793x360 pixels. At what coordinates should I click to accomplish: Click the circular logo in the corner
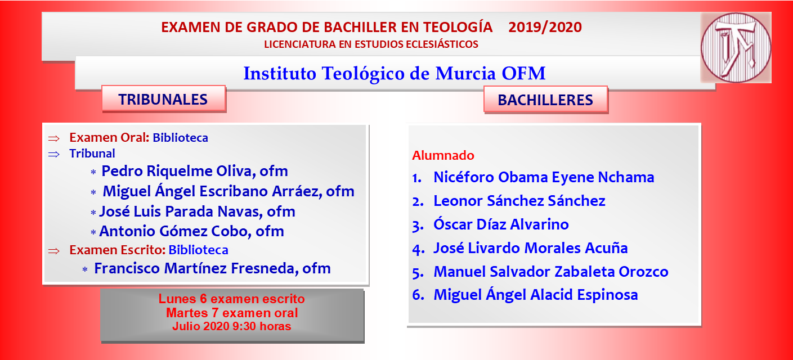pyautogui.click(x=736, y=47)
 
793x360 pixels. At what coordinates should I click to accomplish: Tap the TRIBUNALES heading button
pyautogui.click(x=164, y=99)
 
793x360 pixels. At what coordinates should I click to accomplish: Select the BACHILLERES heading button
pyautogui.click(x=545, y=100)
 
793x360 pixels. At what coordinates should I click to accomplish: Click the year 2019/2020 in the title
pyautogui.click(x=545, y=27)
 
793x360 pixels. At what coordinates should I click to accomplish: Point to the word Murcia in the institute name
pyautogui.click(x=465, y=73)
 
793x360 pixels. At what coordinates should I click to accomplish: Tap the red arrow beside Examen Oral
pyautogui.click(x=54, y=138)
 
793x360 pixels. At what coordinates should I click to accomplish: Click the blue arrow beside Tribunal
pyautogui.click(x=54, y=154)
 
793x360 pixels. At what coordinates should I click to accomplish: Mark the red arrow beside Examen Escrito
pyautogui.click(x=54, y=251)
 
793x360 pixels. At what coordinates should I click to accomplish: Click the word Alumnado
pyautogui.click(x=443, y=155)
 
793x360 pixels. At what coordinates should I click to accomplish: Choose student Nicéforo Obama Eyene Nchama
pyautogui.click(x=544, y=177)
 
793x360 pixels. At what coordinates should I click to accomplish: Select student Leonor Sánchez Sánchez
pyautogui.click(x=519, y=201)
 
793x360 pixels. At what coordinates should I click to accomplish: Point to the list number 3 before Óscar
pyautogui.click(x=418, y=226)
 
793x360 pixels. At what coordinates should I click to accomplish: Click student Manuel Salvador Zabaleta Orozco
pyautogui.click(x=551, y=272)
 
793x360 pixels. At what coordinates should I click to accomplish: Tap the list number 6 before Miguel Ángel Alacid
pyautogui.click(x=418, y=295)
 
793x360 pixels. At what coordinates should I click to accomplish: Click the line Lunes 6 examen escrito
pyautogui.click(x=231, y=299)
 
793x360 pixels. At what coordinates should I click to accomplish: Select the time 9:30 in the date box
pyautogui.click(x=244, y=326)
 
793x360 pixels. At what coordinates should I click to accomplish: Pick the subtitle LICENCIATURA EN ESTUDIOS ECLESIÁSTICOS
pyautogui.click(x=371, y=44)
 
